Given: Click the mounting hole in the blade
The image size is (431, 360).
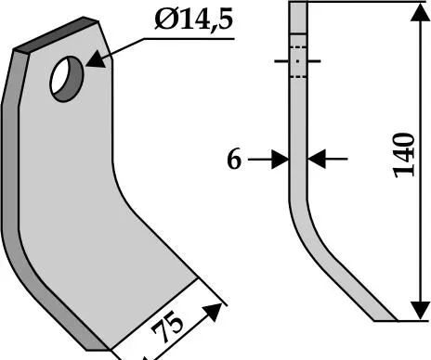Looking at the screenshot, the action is click(x=67, y=79).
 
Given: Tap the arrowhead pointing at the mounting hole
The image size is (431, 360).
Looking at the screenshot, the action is click(x=96, y=58).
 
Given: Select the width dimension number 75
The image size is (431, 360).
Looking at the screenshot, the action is click(x=167, y=326).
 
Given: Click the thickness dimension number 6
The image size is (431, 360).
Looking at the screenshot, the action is click(x=234, y=160).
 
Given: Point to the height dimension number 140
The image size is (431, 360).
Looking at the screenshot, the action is click(x=404, y=156).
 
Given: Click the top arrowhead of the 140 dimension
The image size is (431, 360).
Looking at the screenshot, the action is click(x=420, y=12).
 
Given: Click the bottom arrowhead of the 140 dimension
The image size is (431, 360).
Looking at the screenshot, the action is click(x=420, y=311).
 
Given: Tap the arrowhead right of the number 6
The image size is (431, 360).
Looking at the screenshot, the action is click(x=281, y=160).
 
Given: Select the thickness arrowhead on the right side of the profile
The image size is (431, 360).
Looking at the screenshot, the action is click(x=317, y=159).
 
